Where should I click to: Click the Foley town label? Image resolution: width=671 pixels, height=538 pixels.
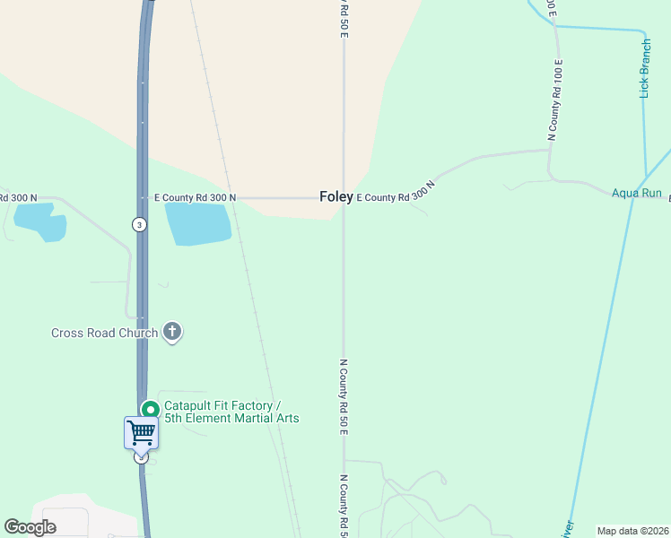click(x=336, y=197)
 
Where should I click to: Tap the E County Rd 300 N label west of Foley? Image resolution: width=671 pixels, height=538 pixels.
click(x=195, y=197)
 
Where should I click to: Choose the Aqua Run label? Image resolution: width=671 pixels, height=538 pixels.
click(x=636, y=193)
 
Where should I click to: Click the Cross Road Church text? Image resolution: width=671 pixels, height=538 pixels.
click(x=104, y=334)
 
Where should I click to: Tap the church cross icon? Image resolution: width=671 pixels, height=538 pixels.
click(x=173, y=333)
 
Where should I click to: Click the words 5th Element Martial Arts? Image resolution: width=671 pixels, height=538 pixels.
click(x=231, y=419)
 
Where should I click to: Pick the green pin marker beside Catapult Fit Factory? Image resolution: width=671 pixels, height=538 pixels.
click(x=150, y=411)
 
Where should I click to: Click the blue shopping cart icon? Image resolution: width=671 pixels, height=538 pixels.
click(x=141, y=433)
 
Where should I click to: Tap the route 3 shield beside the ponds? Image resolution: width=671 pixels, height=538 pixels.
click(x=139, y=224)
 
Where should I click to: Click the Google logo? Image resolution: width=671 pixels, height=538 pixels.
click(x=30, y=527)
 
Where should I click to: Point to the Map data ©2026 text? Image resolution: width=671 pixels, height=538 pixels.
click(x=632, y=531)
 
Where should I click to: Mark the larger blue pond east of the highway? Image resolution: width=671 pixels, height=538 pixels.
click(x=198, y=223)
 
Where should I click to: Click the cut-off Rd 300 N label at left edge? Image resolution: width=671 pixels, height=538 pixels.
click(x=17, y=197)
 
